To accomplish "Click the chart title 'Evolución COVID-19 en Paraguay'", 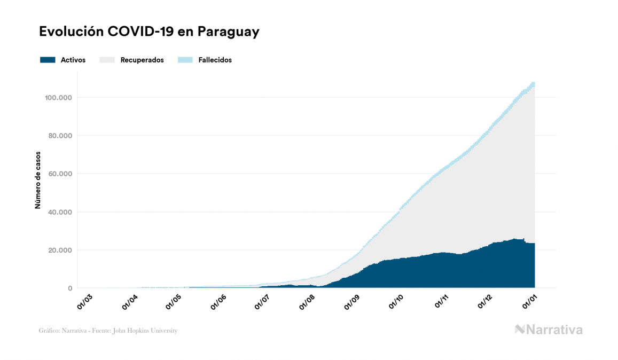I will (149, 32).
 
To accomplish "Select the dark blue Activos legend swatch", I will (48, 60).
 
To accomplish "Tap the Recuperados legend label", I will (142, 60).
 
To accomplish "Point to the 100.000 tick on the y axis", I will (59, 97).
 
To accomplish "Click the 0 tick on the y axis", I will (69, 288).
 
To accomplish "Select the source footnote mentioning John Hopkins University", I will (108, 331).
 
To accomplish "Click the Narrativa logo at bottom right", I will (549, 330).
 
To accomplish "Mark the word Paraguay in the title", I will (229, 32).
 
